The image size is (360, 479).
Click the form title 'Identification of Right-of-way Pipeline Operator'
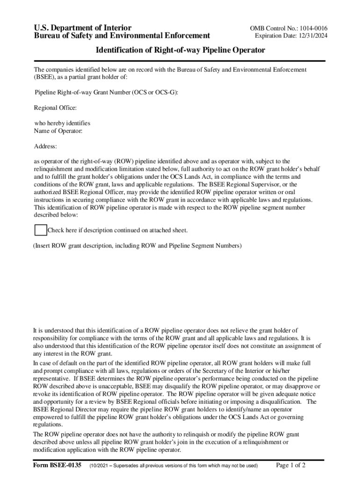(180, 50)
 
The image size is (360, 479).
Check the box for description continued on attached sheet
(41, 230)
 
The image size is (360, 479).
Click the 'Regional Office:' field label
(55, 108)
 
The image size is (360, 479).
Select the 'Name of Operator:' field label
(58, 131)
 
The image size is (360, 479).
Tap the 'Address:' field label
(45, 146)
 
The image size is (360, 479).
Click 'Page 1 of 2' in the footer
(291, 465)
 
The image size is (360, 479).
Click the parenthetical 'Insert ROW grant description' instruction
(137, 246)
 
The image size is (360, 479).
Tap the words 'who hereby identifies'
(62, 123)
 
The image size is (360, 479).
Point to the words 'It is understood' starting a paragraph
(55, 330)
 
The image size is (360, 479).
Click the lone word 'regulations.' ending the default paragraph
(48, 425)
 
